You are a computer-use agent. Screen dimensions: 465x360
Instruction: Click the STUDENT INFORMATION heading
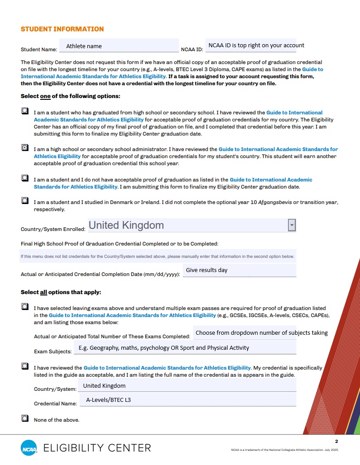pyautogui.click(x=62, y=29)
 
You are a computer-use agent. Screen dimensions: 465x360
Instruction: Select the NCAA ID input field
pyautogui.click(x=250, y=45)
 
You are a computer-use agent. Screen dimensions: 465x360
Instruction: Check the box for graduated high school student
pyautogui.click(x=25, y=112)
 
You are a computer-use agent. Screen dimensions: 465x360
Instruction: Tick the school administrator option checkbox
pyautogui.click(x=25, y=148)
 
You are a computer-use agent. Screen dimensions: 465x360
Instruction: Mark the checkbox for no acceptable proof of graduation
pyautogui.click(x=25, y=179)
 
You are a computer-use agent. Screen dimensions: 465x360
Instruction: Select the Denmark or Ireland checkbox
pyautogui.click(x=25, y=201)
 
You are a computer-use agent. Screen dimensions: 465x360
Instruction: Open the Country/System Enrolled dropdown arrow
pyautogui.click(x=292, y=225)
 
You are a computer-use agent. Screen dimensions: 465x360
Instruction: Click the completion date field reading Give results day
pyautogui.click(x=239, y=270)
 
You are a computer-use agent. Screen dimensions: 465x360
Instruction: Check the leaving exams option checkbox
pyautogui.click(x=25, y=307)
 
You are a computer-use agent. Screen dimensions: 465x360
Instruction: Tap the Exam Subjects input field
pyautogui.click(x=185, y=348)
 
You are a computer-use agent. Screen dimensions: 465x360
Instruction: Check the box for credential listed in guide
pyautogui.click(x=25, y=367)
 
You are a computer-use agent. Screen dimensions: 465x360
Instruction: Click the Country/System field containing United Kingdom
pyautogui.click(x=186, y=386)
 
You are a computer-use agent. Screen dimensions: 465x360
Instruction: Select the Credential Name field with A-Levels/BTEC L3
pyautogui.click(x=186, y=401)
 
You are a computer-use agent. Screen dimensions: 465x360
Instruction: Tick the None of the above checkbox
pyautogui.click(x=25, y=419)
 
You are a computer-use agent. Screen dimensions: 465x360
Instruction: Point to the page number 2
pyautogui.click(x=336, y=442)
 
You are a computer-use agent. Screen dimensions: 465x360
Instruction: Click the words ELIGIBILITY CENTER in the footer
pyautogui.click(x=97, y=448)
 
